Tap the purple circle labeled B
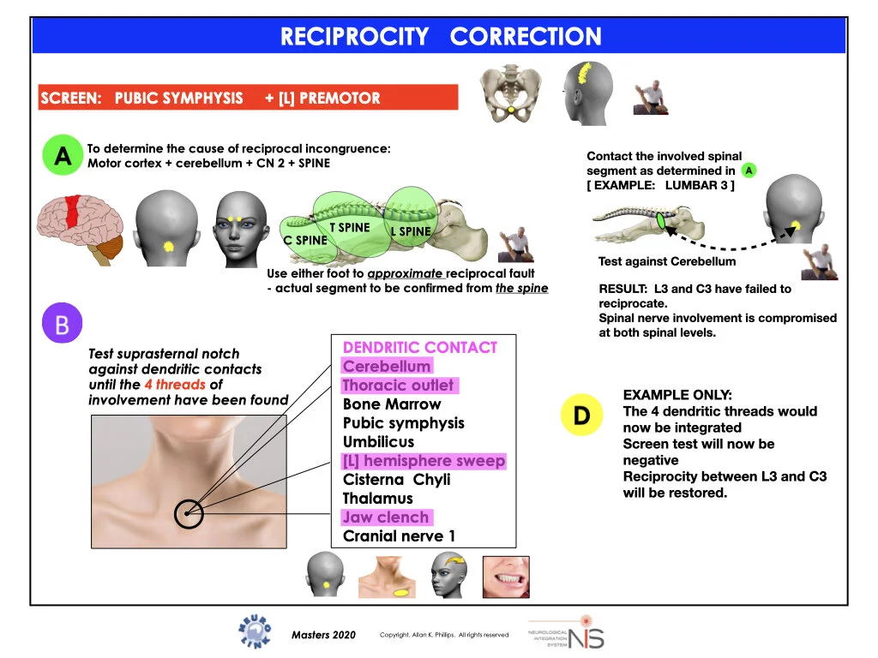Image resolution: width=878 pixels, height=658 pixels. click(x=63, y=323)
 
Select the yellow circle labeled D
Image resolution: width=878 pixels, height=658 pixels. click(x=581, y=416)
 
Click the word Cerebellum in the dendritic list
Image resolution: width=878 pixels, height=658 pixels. click(x=387, y=367)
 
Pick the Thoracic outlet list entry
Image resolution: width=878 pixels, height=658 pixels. click(x=399, y=386)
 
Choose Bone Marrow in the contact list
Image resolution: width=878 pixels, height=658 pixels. click(x=392, y=404)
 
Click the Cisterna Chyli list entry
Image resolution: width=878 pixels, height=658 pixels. click(x=396, y=480)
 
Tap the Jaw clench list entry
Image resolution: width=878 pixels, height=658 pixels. click(x=385, y=517)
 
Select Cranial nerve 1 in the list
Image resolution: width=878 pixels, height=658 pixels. click(x=399, y=536)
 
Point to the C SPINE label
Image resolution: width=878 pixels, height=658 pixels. click(x=306, y=241)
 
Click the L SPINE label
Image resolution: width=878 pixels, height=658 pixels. click(x=411, y=231)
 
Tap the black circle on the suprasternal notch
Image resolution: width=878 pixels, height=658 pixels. click(x=189, y=514)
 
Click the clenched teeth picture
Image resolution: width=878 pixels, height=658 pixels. click(x=505, y=577)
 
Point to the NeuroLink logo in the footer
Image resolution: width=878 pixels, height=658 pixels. click(x=254, y=631)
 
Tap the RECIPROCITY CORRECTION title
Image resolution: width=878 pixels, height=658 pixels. click(x=441, y=37)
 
